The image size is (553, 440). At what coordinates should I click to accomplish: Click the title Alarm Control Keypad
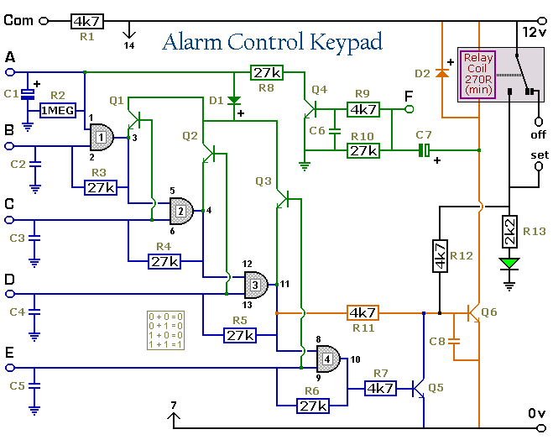tap(272, 42)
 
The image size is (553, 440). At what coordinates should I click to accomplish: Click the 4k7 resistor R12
tap(439, 255)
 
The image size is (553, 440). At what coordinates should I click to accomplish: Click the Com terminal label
tap(18, 21)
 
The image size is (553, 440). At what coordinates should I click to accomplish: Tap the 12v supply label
tap(534, 31)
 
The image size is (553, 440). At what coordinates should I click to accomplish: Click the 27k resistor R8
tap(266, 73)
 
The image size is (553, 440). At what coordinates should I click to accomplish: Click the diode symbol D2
tap(441, 74)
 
